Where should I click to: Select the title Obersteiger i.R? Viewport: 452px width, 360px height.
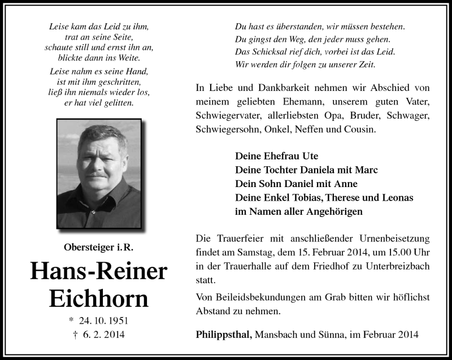98,246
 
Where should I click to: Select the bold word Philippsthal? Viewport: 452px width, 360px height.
224,335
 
